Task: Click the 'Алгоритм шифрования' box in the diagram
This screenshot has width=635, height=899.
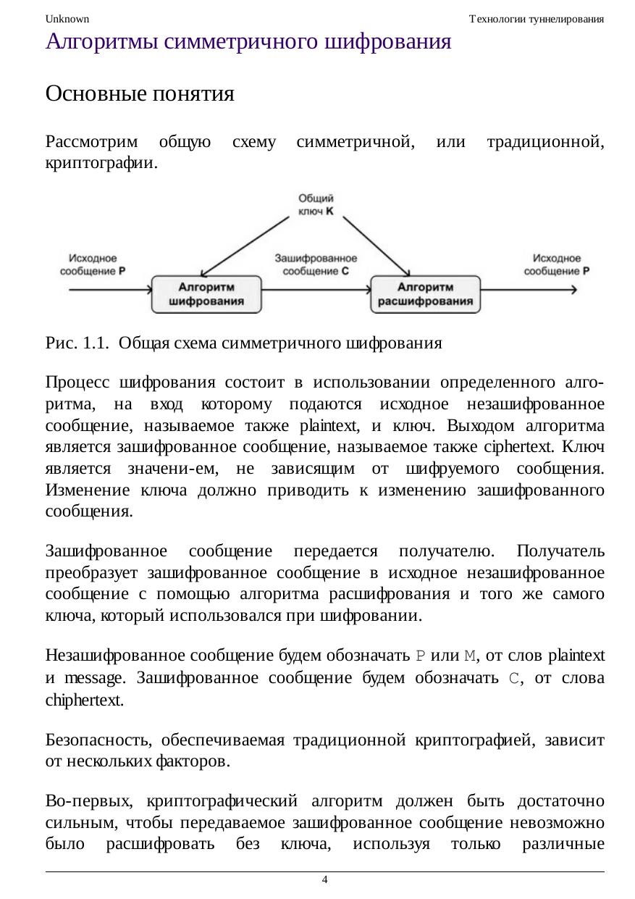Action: coord(206,294)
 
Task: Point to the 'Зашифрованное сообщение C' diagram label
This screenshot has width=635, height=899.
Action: coord(316,264)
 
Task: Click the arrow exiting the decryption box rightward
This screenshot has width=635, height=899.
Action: coord(529,290)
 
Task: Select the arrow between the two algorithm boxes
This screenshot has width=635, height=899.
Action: coord(316,290)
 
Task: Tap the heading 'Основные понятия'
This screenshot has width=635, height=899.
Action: coord(140,93)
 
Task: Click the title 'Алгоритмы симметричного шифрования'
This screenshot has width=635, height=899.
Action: coord(248,42)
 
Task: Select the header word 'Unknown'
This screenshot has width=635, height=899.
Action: coord(67,19)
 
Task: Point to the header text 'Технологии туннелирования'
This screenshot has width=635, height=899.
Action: coord(537,19)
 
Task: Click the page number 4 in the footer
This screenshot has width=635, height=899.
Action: coord(324,879)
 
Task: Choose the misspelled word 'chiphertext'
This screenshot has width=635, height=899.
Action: coord(84,701)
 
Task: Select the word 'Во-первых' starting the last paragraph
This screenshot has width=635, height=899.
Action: coord(88,802)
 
